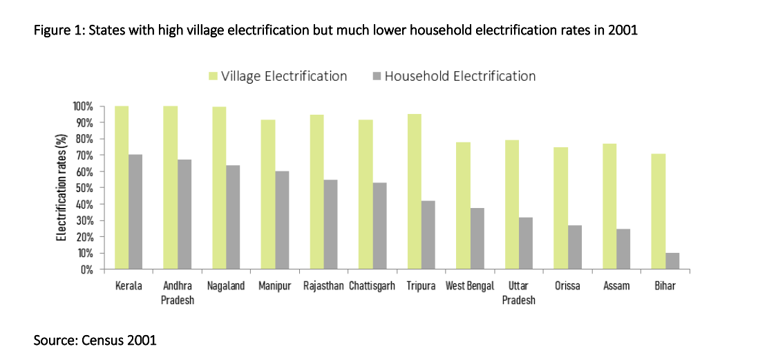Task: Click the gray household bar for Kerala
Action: coord(135,211)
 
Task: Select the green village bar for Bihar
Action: coord(658,211)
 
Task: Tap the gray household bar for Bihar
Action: coord(672,261)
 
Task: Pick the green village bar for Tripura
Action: coord(415,191)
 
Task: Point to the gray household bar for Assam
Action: coord(623,249)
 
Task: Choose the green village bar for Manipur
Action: coord(267,194)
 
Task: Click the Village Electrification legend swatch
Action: coord(214,76)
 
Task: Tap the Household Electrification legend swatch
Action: coord(377,76)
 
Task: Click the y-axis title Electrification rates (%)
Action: coord(62,187)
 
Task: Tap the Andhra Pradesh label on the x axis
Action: coord(178,292)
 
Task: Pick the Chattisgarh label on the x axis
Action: coord(372,286)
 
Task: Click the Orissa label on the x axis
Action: coord(567,286)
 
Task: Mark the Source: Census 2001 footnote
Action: coord(95,341)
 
